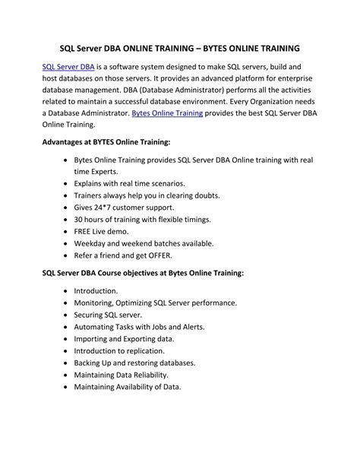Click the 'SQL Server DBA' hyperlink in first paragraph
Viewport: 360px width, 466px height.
pyautogui.click(x=68, y=67)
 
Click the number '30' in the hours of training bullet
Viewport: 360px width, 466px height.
pyautogui.click(x=79, y=218)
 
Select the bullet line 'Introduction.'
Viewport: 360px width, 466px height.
pyautogui.click(x=96, y=290)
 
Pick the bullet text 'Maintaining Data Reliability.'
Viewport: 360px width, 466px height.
pyautogui.click(x=122, y=375)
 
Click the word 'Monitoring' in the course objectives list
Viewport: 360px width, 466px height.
pyautogui.click(x=97, y=303)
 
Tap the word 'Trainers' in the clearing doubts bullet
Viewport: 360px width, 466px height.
pyautogui.click(x=90, y=195)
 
